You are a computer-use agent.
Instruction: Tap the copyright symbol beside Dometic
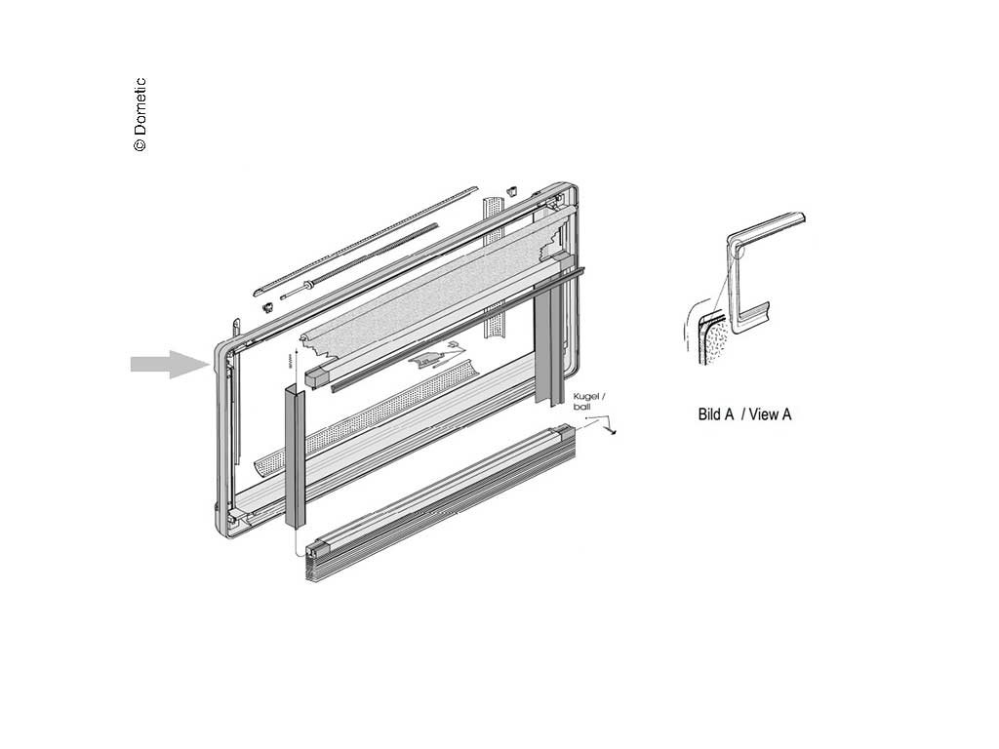click(x=140, y=144)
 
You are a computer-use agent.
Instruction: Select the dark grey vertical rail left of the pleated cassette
click(x=296, y=454)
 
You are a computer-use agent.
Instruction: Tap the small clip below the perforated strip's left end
click(x=265, y=306)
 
